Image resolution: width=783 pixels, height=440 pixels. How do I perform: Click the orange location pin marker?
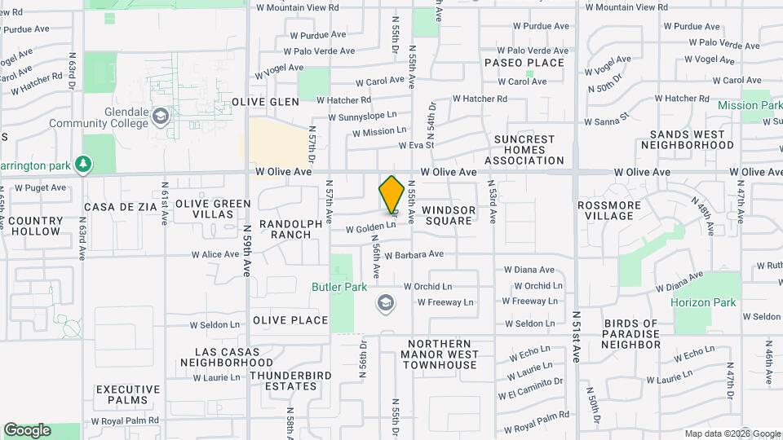click(x=392, y=195)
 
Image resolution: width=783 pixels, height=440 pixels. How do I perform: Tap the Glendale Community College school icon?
click(x=160, y=114)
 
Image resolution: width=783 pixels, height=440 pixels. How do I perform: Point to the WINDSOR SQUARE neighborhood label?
click(x=448, y=215)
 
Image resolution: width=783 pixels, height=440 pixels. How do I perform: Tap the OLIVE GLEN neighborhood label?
click(x=265, y=102)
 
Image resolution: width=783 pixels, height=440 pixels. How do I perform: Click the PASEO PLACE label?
click(x=524, y=63)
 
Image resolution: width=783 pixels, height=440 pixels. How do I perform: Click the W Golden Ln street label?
click(x=370, y=229)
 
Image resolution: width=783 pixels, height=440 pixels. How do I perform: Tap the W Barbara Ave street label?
click(x=414, y=254)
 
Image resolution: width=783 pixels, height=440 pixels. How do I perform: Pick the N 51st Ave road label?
click(x=577, y=337)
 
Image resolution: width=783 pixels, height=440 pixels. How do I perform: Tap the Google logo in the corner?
click(x=27, y=430)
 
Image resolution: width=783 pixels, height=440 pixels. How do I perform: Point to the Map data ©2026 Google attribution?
click(x=732, y=433)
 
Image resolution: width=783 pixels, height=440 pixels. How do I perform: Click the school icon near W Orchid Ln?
click(x=385, y=303)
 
